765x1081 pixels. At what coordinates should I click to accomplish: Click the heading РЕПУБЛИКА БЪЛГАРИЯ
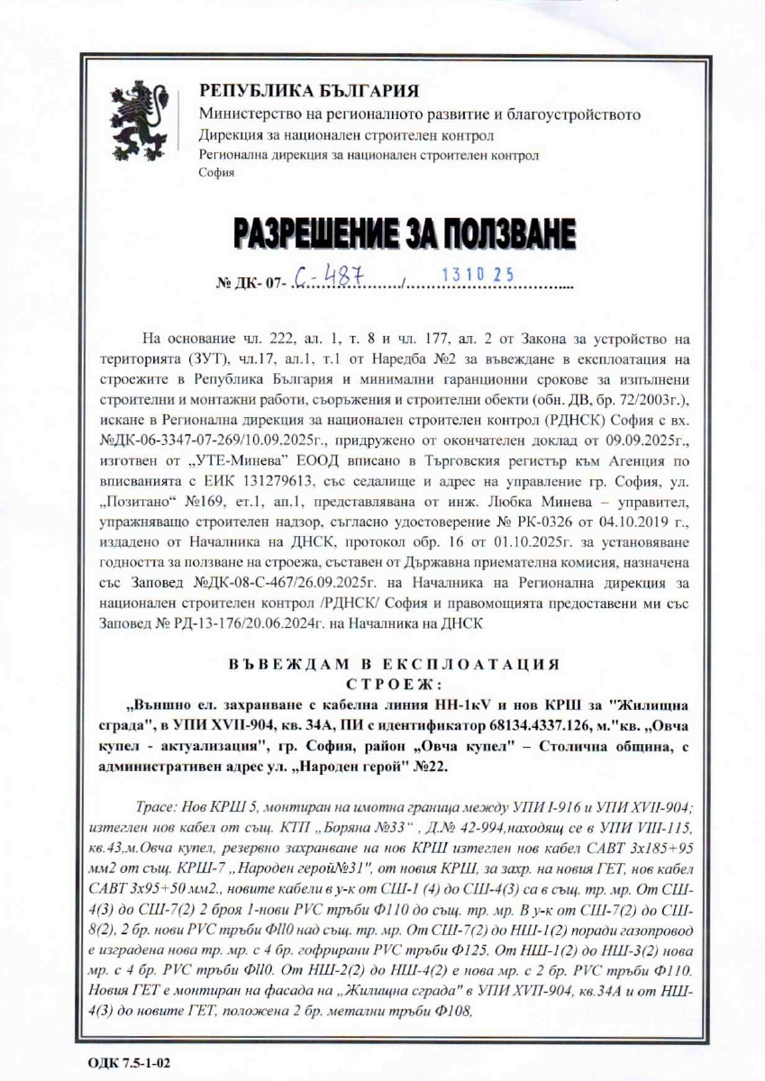309,92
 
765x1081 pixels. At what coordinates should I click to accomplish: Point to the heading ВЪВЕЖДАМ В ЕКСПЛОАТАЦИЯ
394,664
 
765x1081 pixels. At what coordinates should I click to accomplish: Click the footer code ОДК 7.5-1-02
129,1061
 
